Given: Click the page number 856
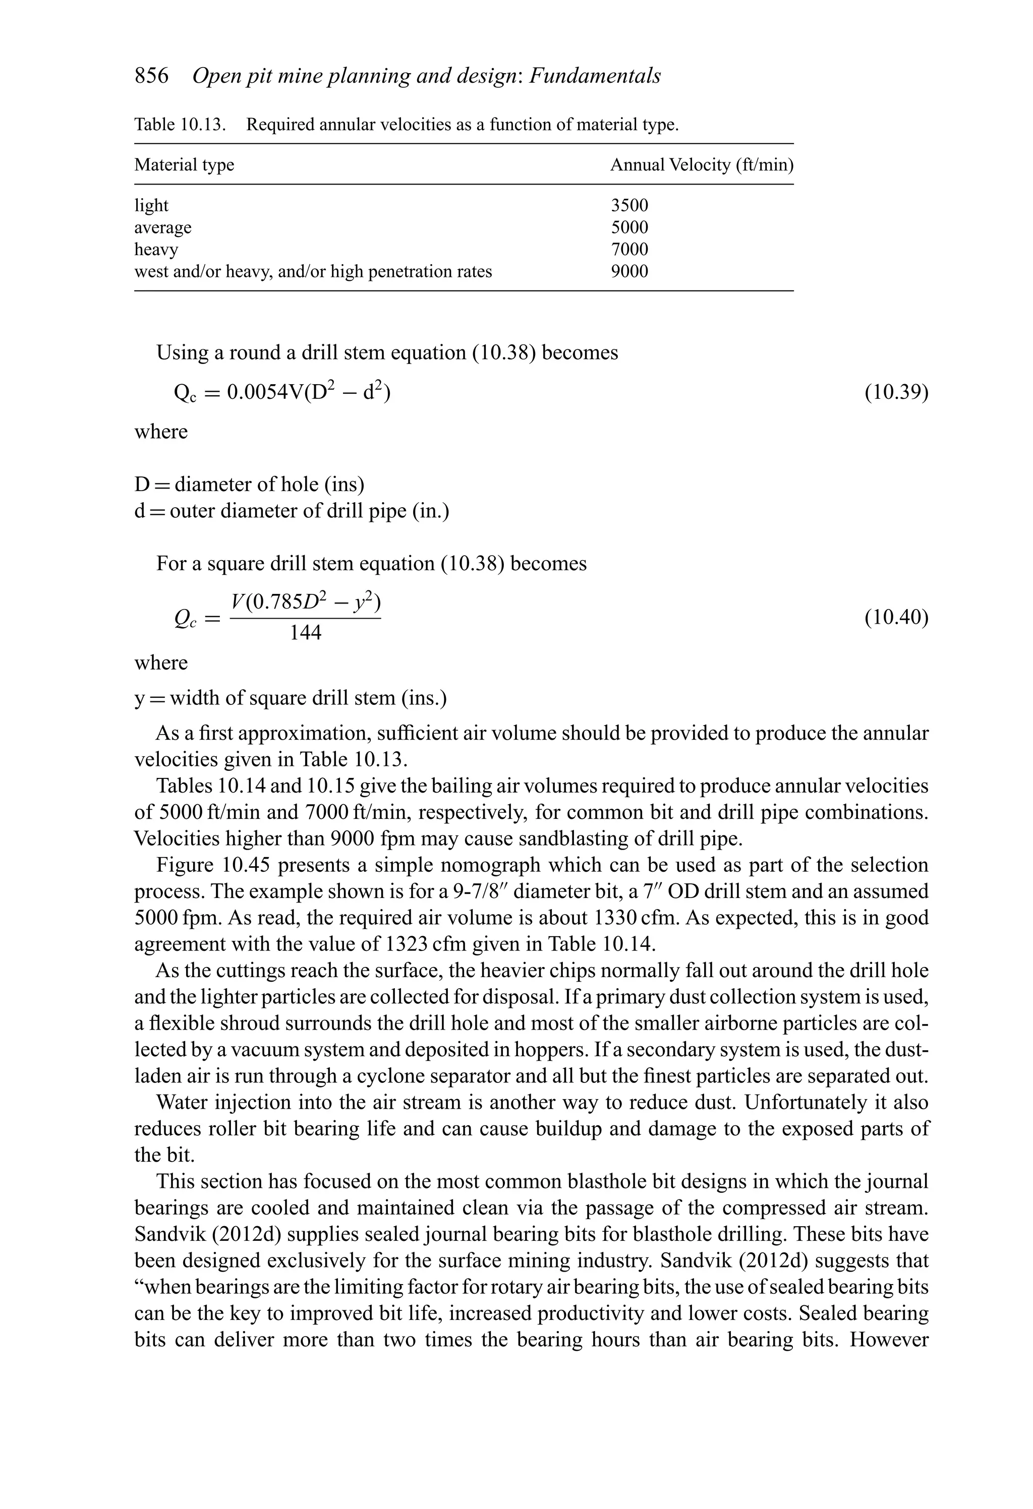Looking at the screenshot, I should pyautogui.click(x=151, y=76).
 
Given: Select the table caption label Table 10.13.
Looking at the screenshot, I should pyautogui.click(x=180, y=124).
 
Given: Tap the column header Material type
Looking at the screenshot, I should pyautogui.click(x=184, y=165).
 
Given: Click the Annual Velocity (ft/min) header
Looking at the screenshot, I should pyautogui.click(x=702, y=165).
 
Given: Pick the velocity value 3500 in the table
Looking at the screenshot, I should pyautogui.click(x=629, y=205).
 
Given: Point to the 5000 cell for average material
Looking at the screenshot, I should pyautogui.click(x=629, y=227).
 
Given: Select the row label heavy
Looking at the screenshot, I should pyautogui.click(x=156, y=250).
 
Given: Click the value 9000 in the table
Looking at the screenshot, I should pyautogui.click(x=629, y=271).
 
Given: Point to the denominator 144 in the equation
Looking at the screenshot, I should pyautogui.click(x=305, y=632).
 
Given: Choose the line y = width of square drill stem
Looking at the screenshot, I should pyautogui.click(x=291, y=698).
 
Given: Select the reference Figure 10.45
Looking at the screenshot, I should pyautogui.click(x=203, y=865).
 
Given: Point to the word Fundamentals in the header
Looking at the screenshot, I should pyautogui.click(x=595, y=76).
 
